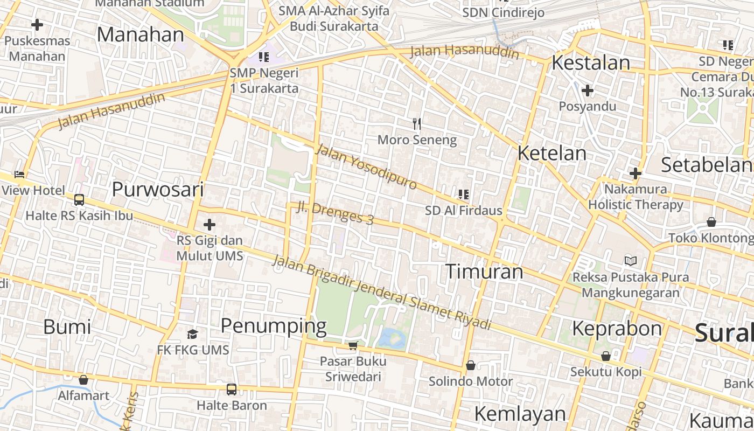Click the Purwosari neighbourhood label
pos(158,190)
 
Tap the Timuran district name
pos(484,272)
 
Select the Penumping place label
pos(274,326)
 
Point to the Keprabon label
pos(617,328)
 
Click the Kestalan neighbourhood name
pos(591,63)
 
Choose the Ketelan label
pos(551,153)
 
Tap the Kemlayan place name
pos(520,414)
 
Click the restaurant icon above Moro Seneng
pos(416,124)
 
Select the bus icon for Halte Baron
pos(232,389)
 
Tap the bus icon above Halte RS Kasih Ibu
pos(79,200)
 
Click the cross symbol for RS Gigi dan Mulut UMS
pos(210,225)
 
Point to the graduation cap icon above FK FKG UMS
pos(192,335)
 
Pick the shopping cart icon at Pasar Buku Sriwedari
pos(353,345)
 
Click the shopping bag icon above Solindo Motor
pos(471,365)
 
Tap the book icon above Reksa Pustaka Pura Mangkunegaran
pos(630,261)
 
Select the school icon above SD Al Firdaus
pos(463,194)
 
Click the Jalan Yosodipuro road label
pos(366,166)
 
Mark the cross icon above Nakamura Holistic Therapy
pos(636,173)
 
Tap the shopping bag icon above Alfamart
pos(83,380)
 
